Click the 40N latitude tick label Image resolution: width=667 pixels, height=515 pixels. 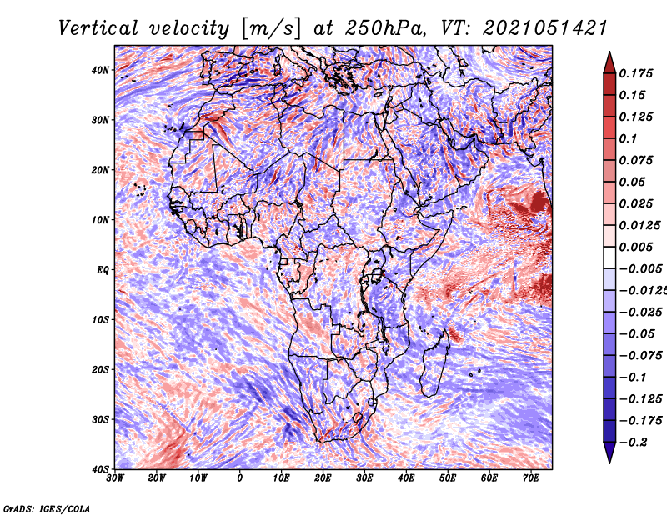pyautogui.click(x=100, y=70)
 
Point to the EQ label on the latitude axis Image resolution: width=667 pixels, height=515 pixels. pyautogui.click(x=103, y=270)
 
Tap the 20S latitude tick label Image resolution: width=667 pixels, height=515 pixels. pyautogui.click(x=100, y=369)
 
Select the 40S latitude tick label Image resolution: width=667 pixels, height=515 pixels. pyautogui.click(x=100, y=469)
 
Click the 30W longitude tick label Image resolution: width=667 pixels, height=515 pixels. pyautogui.click(x=115, y=478)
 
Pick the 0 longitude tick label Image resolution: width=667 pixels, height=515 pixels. pyautogui.click(x=240, y=478)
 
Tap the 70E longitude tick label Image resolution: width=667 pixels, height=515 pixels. pyautogui.click(x=531, y=478)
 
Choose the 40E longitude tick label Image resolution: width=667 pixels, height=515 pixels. pyautogui.click(x=406, y=478)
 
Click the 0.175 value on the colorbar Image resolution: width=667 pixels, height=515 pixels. pyautogui.click(x=636, y=73)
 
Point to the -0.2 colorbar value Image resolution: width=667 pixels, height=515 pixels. pyautogui.click(x=634, y=442)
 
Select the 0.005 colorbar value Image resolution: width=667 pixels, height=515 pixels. pyautogui.click(x=636, y=247)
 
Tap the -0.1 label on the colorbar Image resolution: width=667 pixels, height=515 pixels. pyautogui.click(x=634, y=377)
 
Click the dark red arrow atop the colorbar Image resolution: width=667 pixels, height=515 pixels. pyautogui.click(x=609, y=63)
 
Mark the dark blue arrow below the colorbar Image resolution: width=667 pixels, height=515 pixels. pyautogui.click(x=609, y=452)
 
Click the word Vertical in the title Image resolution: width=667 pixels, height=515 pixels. pyautogui.click(x=98, y=28)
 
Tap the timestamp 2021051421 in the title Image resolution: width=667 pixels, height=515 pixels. pyautogui.click(x=545, y=28)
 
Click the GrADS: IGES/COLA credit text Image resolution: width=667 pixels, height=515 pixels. pyautogui.click(x=47, y=508)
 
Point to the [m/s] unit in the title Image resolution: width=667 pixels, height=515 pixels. pyautogui.click(x=272, y=28)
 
